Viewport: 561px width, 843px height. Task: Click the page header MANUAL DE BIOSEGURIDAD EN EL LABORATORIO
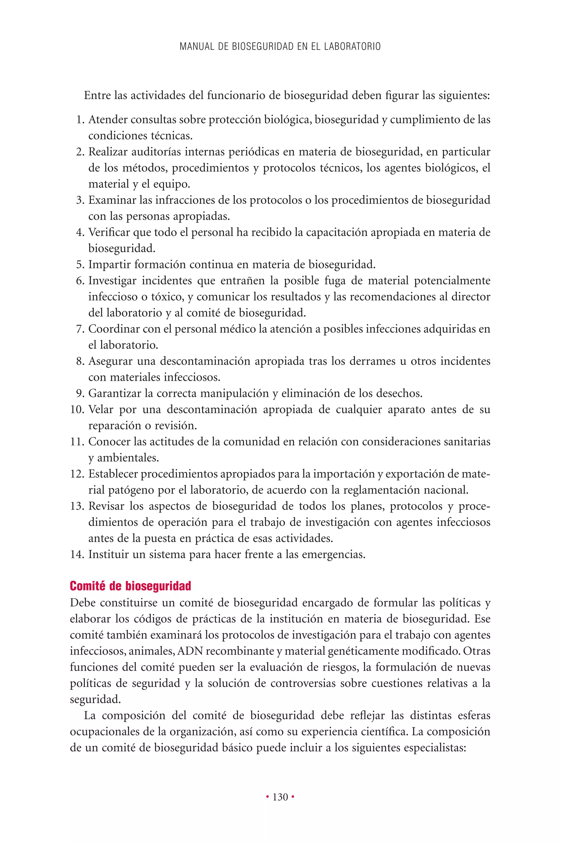coord(280,47)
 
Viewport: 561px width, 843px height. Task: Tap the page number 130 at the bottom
coord(280,797)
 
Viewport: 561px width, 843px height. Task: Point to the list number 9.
coord(80,393)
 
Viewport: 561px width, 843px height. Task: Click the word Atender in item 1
coord(108,120)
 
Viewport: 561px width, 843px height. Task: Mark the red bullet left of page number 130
coord(267,797)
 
